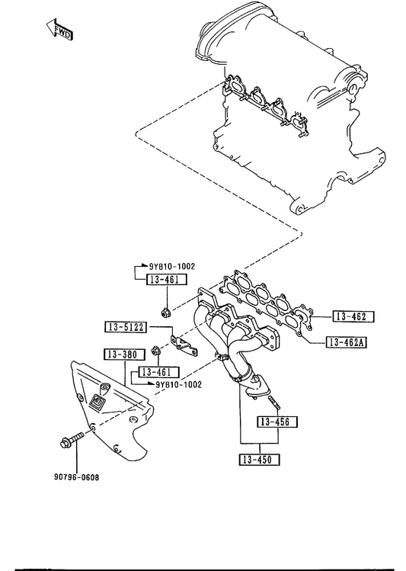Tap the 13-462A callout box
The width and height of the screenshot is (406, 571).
point(347,342)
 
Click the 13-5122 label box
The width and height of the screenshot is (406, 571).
point(126,326)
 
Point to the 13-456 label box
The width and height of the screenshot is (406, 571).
point(277,422)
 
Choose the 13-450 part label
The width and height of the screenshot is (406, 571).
point(260,460)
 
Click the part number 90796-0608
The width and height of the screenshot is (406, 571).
point(76,477)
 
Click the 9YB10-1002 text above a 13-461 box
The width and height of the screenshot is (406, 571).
point(171,267)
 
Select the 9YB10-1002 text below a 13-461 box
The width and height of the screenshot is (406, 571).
point(178,384)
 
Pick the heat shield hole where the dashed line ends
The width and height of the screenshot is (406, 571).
point(92,427)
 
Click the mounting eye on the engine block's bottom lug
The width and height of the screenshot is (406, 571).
point(300,210)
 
